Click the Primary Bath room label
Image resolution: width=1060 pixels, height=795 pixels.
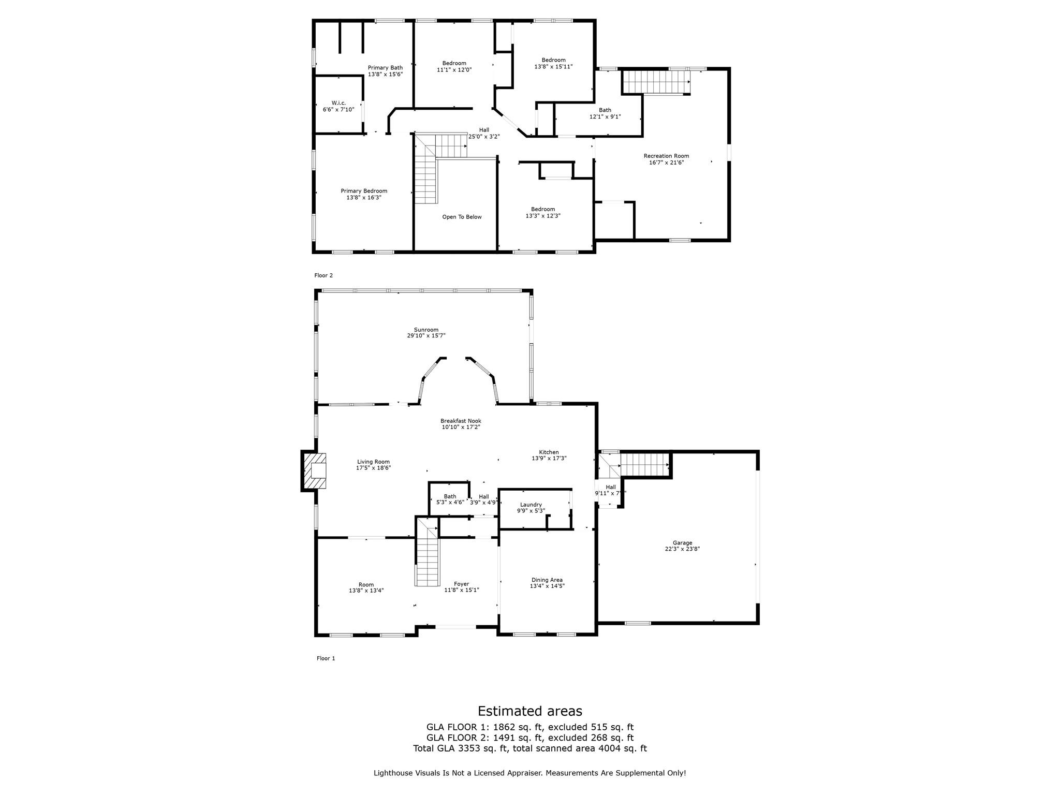(x=385, y=71)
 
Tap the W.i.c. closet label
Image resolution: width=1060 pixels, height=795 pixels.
(x=338, y=106)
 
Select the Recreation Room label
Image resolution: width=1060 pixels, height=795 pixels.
(x=666, y=159)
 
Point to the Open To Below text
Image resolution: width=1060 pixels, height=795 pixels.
(x=462, y=217)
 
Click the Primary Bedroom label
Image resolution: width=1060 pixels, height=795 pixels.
(x=364, y=194)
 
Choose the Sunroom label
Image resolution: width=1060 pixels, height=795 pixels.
(x=426, y=332)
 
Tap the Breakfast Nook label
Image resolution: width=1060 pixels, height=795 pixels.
(x=461, y=424)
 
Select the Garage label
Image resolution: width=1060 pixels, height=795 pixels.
(x=683, y=546)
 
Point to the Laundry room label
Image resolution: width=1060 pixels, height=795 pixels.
(x=531, y=507)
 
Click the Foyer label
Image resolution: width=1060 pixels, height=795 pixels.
(x=462, y=587)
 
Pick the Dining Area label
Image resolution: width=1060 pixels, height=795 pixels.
(x=547, y=583)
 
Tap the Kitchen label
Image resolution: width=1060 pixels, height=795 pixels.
(x=549, y=455)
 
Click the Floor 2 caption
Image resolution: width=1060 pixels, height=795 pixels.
(x=323, y=275)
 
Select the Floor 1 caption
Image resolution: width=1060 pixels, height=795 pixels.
(x=326, y=658)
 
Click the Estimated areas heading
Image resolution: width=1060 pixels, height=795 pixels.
(x=530, y=711)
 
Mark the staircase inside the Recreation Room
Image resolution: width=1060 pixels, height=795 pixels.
(x=656, y=82)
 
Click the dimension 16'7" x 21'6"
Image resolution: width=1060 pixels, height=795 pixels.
(x=666, y=163)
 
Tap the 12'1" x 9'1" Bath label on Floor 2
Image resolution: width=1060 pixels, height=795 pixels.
(x=605, y=113)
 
